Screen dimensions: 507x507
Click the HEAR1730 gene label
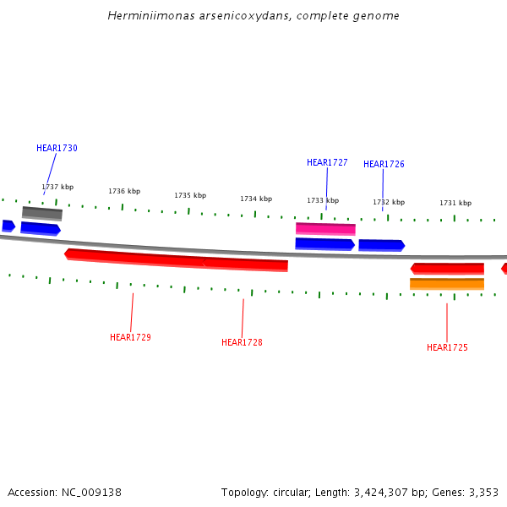pyautogui.click(x=57, y=148)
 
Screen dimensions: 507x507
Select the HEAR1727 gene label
pyautogui.click(x=327, y=162)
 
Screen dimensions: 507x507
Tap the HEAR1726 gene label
pyautogui.click(x=384, y=164)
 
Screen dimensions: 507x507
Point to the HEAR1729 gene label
pyautogui.click(x=130, y=337)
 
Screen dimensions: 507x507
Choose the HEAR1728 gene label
pyautogui.click(x=242, y=342)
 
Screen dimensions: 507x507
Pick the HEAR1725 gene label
pyautogui.click(x=447, y=347)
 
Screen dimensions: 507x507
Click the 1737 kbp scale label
pyautogui.click(x=57, y=187)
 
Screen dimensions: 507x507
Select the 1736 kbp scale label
pyautogui.click(x=124, y=191)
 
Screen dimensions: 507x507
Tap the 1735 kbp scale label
pyautogui.click(x=190, y=195)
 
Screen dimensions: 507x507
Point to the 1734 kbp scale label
pyautogui.click(x=256, y=199)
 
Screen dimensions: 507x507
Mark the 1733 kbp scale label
pyautogui.click(x=323, y=200)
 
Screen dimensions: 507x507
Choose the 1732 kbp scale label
pyautogui.click(x=389, y=202)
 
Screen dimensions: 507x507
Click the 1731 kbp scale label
pyautogui.click(x=455, y=203)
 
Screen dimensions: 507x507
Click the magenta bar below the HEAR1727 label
pyautogui.click(x=325, y=228)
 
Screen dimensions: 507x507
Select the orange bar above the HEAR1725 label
pyautogui.click(x=447, y=284)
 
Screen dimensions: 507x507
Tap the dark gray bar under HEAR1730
pyautogui.click(x=42, y=213)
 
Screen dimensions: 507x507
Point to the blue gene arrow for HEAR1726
pyautogui.click(x=381, y=245)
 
